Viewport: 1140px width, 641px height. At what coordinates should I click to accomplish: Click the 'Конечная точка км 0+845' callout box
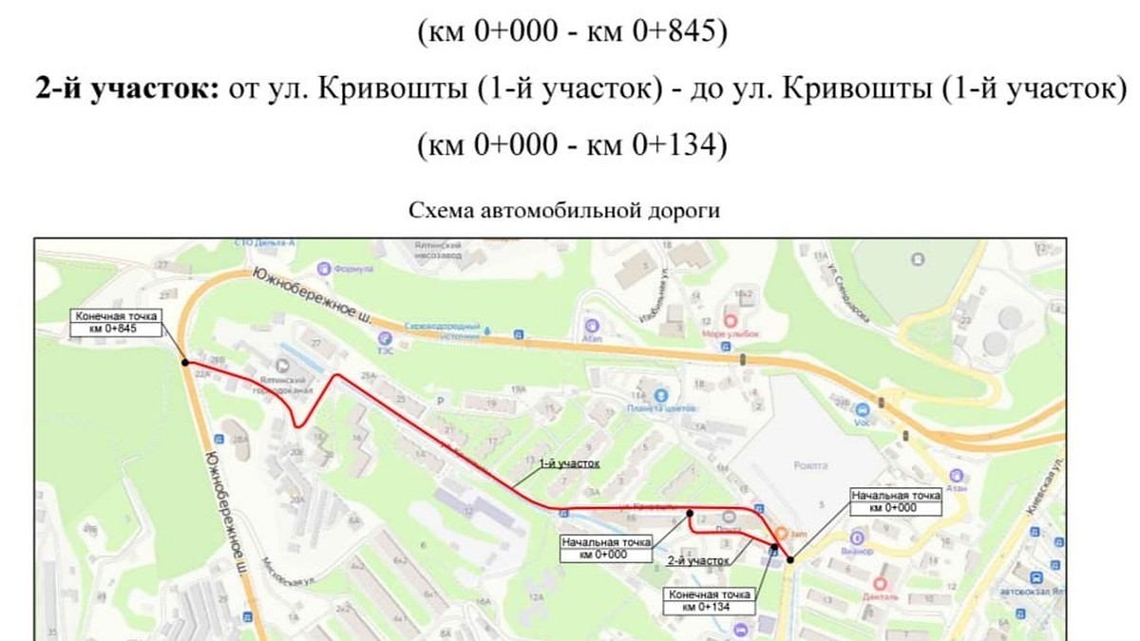[114, 322]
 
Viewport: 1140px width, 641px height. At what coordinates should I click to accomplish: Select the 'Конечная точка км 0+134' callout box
[710, 600]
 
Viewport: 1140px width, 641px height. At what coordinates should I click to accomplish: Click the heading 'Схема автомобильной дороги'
[563, 211]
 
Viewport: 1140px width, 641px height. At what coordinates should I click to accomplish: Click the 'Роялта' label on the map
[807, 465]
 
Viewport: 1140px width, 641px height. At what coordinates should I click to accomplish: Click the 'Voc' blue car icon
[864, 409]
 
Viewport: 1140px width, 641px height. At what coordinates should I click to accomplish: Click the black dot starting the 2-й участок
[689, 511]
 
